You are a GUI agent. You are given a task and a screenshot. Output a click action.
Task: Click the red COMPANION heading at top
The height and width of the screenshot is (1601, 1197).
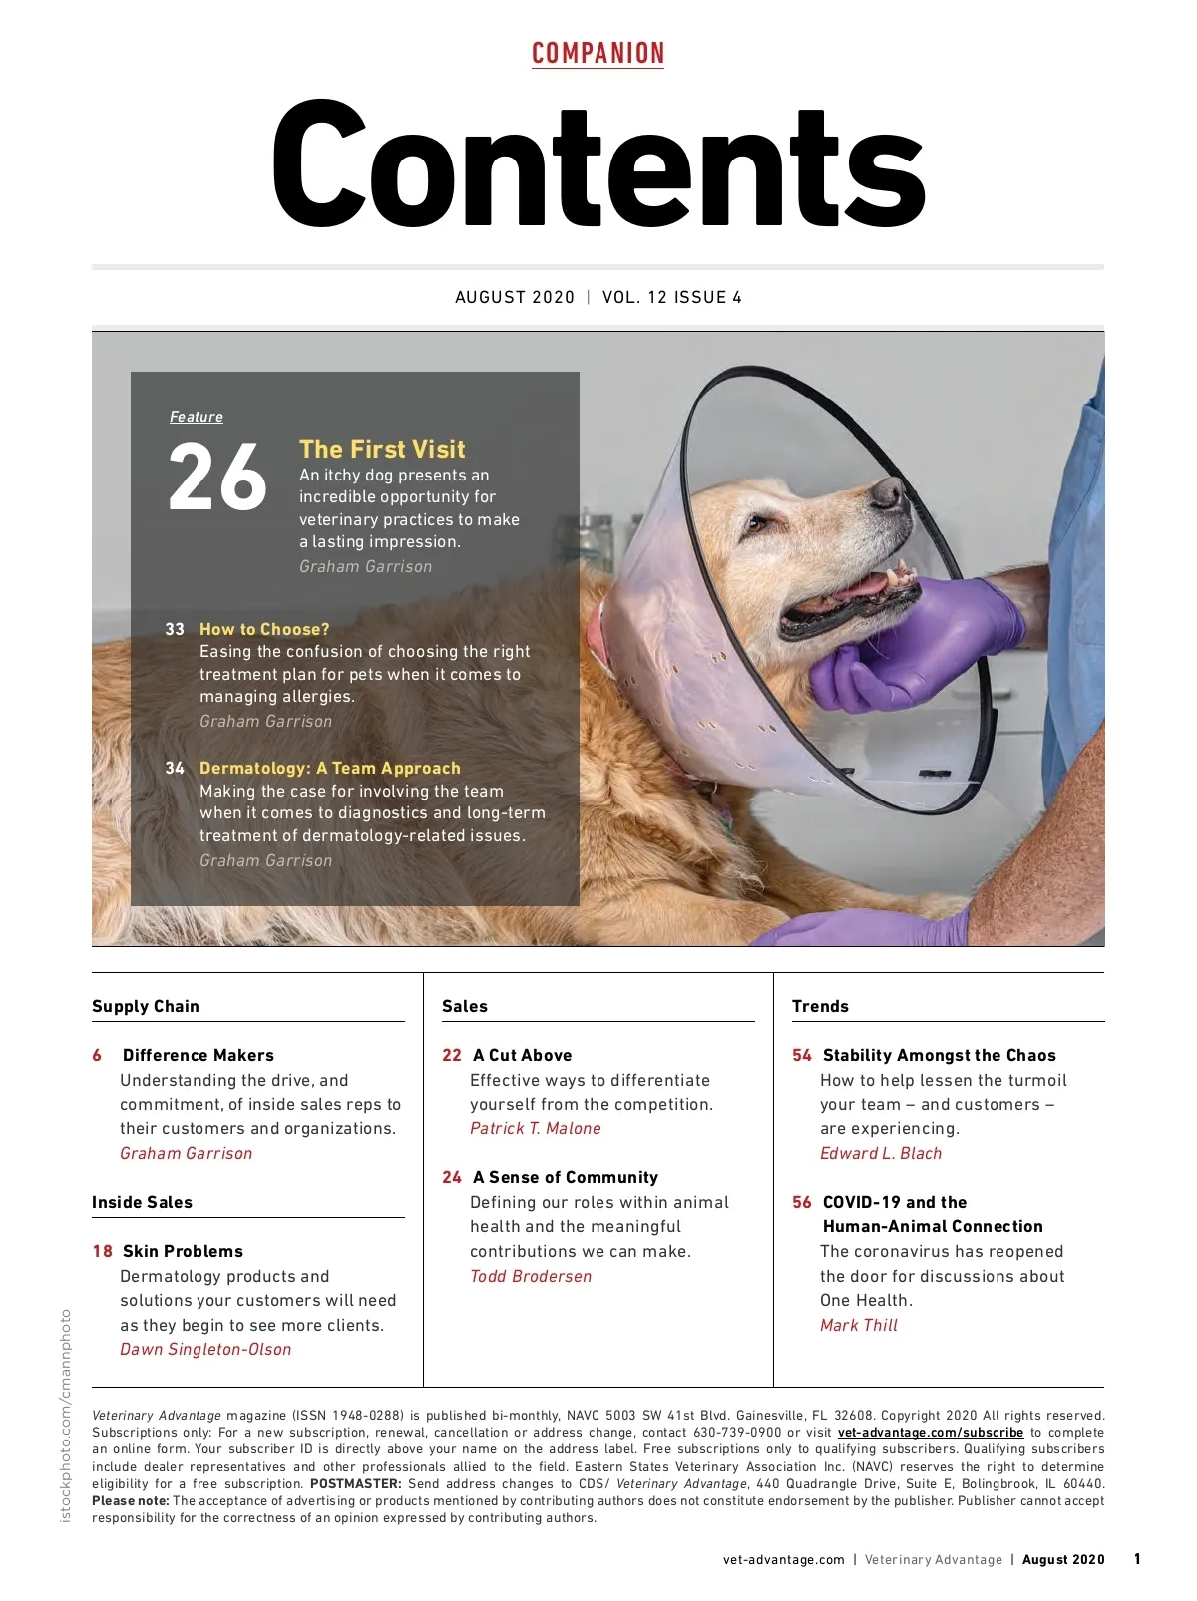(598, 54)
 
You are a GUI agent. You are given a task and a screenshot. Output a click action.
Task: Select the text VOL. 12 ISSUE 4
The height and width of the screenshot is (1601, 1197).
(671, 297)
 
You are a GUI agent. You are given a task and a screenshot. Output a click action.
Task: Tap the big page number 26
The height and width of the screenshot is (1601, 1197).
(217, 479)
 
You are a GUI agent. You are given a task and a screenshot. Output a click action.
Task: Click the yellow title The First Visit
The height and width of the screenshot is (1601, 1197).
(382, 449)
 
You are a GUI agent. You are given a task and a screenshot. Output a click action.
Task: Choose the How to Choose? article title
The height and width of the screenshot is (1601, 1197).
(264, 629)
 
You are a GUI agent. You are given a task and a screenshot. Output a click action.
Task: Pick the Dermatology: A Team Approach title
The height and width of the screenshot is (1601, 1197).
(330, 768)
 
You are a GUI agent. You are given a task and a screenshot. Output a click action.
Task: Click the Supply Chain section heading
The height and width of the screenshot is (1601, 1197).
(146, 1006)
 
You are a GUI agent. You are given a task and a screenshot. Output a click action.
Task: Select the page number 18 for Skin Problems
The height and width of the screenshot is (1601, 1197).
(102, 1251)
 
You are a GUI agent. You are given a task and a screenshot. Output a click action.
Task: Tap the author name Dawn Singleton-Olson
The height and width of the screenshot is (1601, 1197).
(205, 1349)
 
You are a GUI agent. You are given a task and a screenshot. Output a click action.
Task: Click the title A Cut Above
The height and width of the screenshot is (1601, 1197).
(522, 1055)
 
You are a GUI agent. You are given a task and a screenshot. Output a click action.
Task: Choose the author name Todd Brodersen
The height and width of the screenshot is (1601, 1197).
(531, 1276)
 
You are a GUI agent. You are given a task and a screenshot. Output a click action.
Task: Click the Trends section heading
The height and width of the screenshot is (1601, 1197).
(820, 1006)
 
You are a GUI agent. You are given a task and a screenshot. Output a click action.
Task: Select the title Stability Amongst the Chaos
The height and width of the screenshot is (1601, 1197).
(939, 1055)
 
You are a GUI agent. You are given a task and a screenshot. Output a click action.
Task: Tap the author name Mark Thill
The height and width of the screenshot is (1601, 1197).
(859, 1325)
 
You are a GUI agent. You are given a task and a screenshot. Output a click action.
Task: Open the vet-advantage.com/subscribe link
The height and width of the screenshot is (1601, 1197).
(931, 1433)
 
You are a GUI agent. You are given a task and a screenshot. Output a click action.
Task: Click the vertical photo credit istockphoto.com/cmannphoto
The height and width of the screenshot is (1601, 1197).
(66, 1416)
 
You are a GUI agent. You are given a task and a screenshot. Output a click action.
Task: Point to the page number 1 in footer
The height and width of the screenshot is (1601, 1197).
(1137, 1559)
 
